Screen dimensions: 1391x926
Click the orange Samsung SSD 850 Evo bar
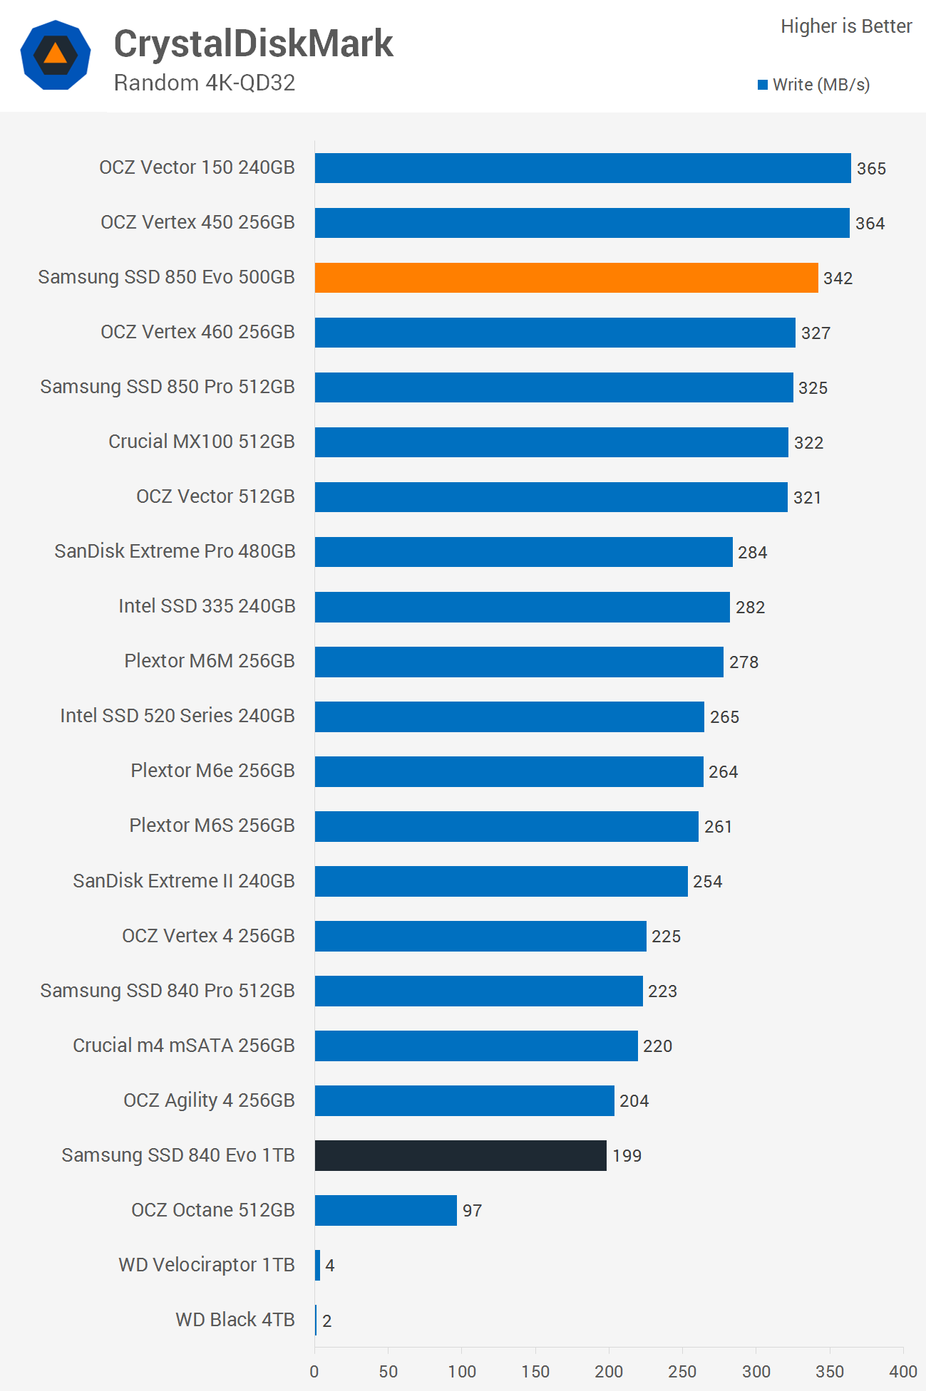(566, 278)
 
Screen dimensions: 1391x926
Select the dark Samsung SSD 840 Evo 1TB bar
(461, 1155)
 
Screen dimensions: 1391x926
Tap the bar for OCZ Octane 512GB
(386, 1210)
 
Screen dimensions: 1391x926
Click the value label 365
(871, 169)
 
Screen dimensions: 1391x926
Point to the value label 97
(472, 1211)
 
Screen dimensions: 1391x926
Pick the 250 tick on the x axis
(682, 1371)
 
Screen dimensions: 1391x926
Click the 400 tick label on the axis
(903, 1371)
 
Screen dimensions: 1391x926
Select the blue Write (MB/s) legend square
(763, 85)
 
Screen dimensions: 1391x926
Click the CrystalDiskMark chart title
(253, 43)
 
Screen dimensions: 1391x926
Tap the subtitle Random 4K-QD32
(205, 83)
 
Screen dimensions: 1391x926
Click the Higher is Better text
(846, 26)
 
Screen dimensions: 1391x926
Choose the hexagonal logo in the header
(56, 55)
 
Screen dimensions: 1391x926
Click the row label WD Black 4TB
(235, 1320)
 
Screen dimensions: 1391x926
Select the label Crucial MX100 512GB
(201, 442)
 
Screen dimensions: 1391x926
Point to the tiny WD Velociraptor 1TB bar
(317, 1265)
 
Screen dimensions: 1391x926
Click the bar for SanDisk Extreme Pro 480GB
(523, 552)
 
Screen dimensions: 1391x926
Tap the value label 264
(723, 772)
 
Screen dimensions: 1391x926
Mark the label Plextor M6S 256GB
(212, 825)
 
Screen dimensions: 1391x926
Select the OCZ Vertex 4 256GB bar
(480, 936)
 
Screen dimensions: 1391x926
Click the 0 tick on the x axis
(314, 1371)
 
